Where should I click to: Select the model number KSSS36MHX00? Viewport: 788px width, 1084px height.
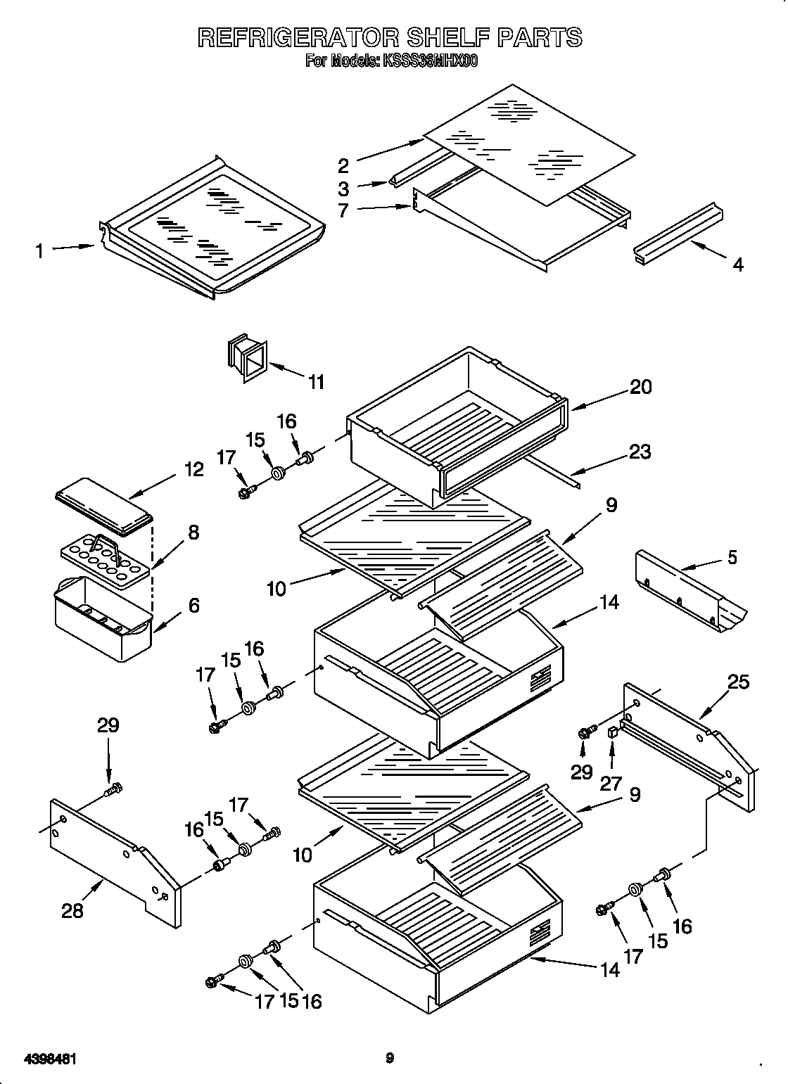click(x=430, y=61)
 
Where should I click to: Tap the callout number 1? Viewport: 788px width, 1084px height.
click(x=40, y=250)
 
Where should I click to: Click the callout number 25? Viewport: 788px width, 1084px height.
click(x=738, y=682)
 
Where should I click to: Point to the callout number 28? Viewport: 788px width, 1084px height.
click(x=72, y=911)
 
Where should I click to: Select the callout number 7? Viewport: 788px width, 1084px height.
click(x=343, y=210)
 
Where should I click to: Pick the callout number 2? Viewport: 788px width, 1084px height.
click(x=343, y=166)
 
